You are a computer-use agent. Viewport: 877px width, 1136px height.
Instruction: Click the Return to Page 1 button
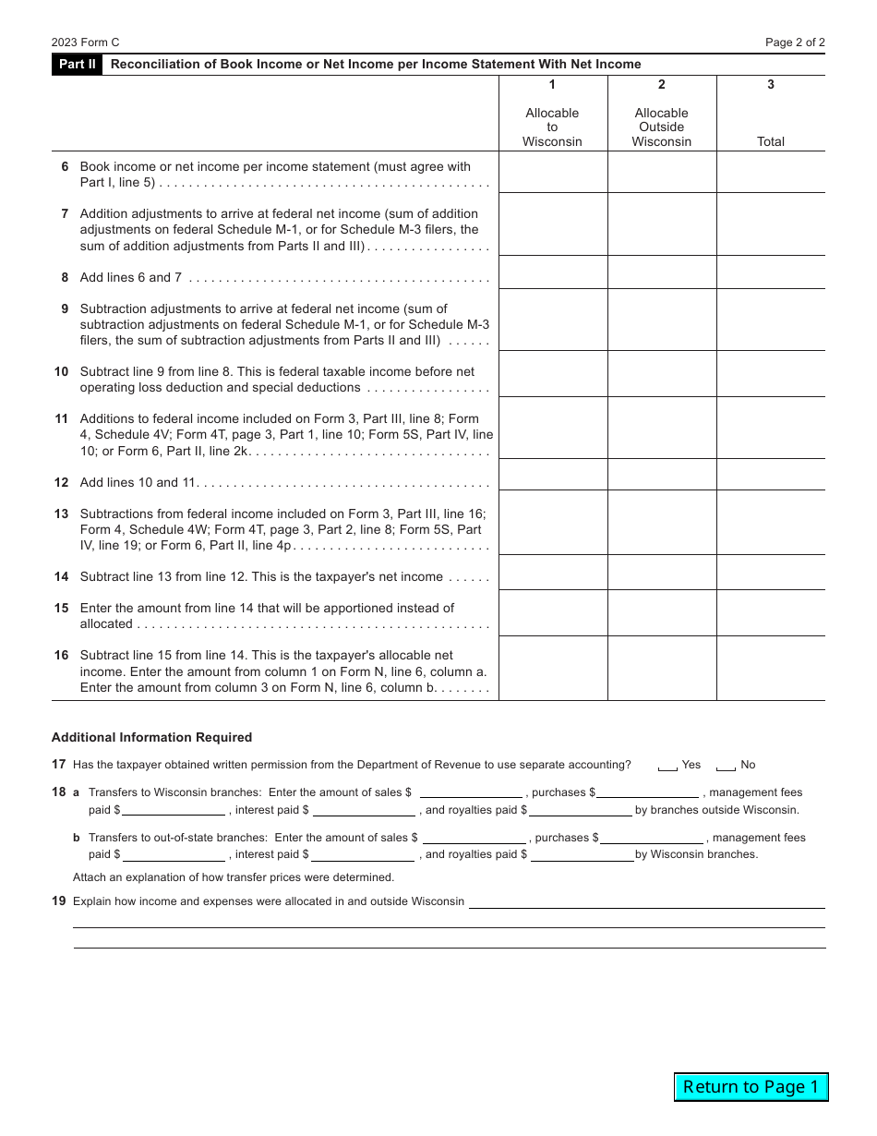click(x=751, y=1087)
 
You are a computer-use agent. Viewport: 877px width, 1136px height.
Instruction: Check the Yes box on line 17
click(x=667, y=766)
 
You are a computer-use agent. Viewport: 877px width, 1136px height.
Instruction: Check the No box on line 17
click(x=726, y=766)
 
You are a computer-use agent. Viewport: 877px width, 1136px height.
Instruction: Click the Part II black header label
click(x=77, y=65)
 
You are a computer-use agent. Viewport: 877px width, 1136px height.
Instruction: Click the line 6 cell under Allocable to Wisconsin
click(x=553, y=173)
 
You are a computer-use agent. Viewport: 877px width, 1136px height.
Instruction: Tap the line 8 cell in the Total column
click(x=771, y=272)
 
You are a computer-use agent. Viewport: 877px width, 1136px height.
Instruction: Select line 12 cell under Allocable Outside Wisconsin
click(x=662, y=475)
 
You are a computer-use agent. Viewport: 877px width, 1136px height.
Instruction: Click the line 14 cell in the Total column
click(x=771, y=573)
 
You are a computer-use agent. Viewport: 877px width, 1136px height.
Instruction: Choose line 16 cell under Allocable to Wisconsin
click(x=553, y=669)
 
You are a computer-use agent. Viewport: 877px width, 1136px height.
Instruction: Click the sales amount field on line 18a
click(x=471, y=792)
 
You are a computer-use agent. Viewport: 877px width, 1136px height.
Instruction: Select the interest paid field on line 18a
click(x=364, y=810)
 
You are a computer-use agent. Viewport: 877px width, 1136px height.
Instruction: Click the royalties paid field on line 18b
click(x=582, y=854)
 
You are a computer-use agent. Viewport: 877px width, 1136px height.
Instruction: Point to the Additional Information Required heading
click(x=151, y=738)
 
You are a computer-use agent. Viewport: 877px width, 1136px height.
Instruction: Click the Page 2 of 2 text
click(x=795, y=42)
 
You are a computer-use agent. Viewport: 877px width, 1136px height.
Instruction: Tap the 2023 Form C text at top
click(x=86, y=42)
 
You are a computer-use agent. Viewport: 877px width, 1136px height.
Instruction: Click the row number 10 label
click(x=61, y=372)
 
